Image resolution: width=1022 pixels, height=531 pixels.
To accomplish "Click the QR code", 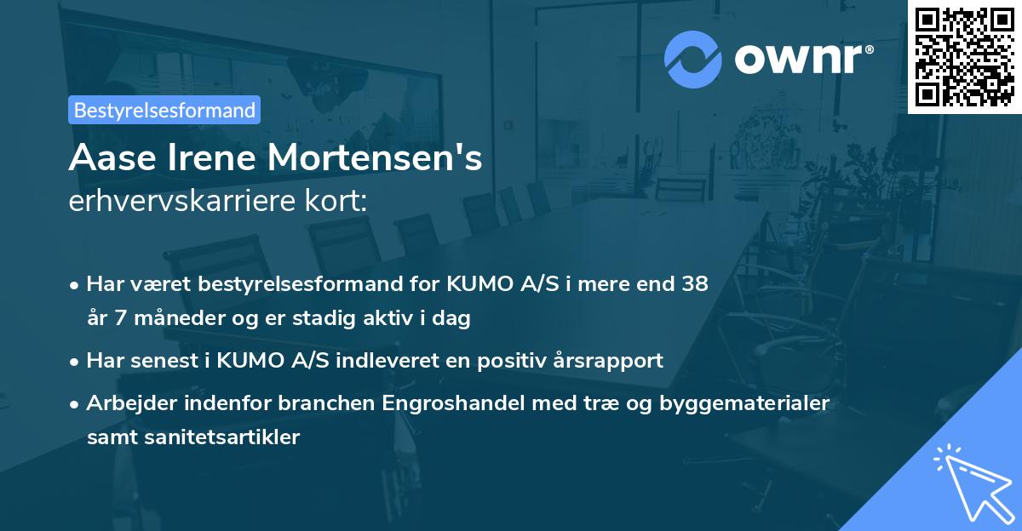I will tap(965, 56).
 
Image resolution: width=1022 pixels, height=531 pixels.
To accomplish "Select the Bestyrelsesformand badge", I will tap(164, 110).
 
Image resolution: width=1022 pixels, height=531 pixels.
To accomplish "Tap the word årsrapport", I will tap(611, 360).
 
